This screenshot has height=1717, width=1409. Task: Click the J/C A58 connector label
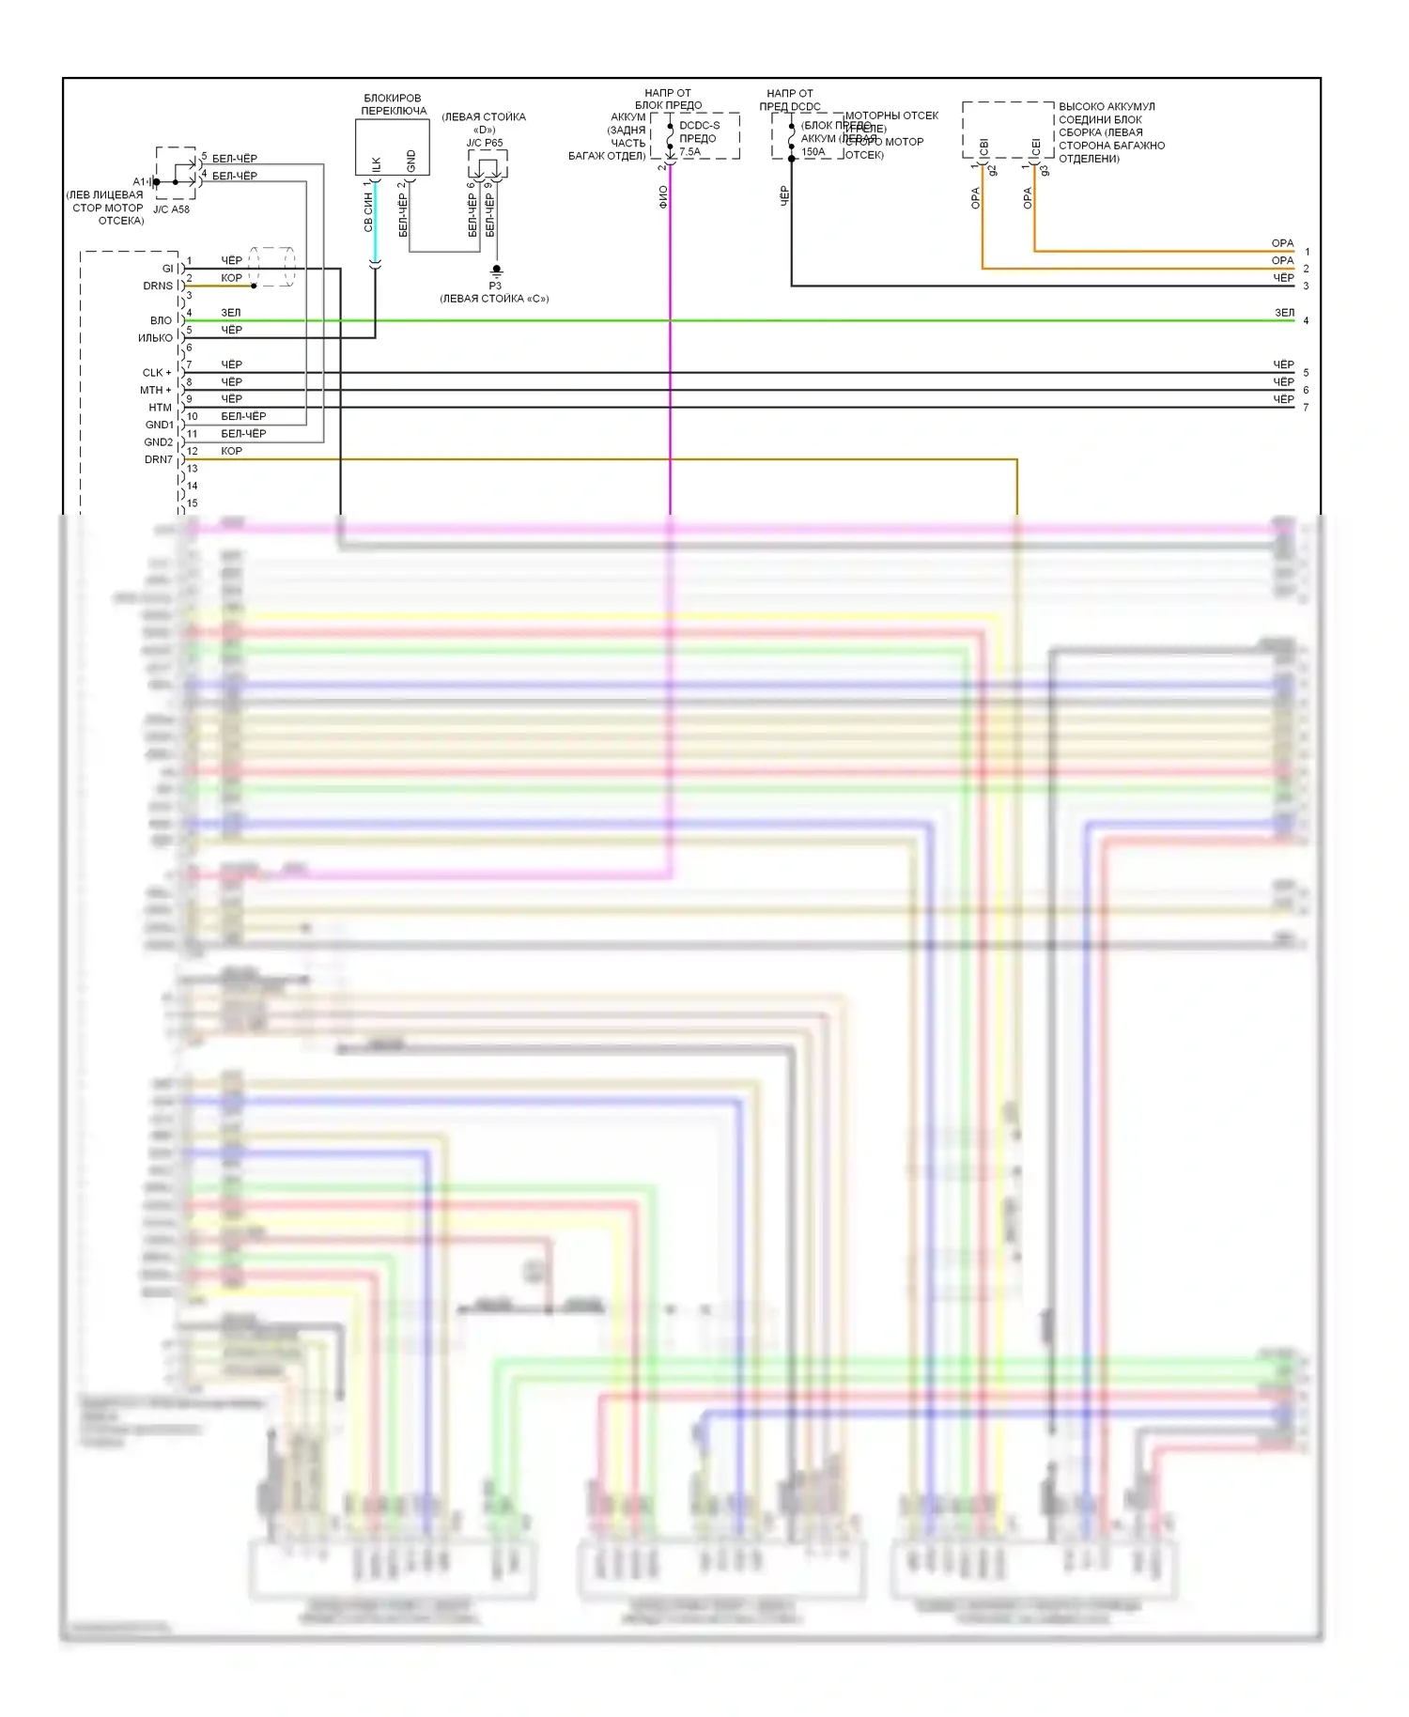pos(171,209)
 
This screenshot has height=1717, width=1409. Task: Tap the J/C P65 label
pos(485,143)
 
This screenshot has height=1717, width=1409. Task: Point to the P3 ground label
pos(495,286)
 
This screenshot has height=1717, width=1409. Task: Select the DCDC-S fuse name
pos(700,125)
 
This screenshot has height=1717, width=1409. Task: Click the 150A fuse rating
pos(813,152)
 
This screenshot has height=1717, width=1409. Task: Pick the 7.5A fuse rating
pos(690,151)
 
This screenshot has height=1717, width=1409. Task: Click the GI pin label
pos(168,269)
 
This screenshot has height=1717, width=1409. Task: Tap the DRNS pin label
pos(158,286)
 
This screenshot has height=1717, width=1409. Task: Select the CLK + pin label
pos(157,373)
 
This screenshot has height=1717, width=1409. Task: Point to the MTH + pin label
pos(156,390)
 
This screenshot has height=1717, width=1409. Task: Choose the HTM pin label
pos(160,408)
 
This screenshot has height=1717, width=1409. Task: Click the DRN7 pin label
pos(159,459)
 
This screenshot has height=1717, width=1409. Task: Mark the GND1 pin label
pos(159,425)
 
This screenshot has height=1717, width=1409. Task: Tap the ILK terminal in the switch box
pos(376,163)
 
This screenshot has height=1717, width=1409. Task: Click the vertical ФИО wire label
pos(663,196)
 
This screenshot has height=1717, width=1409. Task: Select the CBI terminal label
pos(983,147)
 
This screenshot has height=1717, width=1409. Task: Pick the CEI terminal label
pos(1036,147)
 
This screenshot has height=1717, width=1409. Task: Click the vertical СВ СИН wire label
pos(368,213)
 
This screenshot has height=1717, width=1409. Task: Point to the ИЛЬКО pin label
pos(156,338)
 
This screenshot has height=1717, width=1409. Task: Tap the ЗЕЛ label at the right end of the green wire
pos(1284,313)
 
